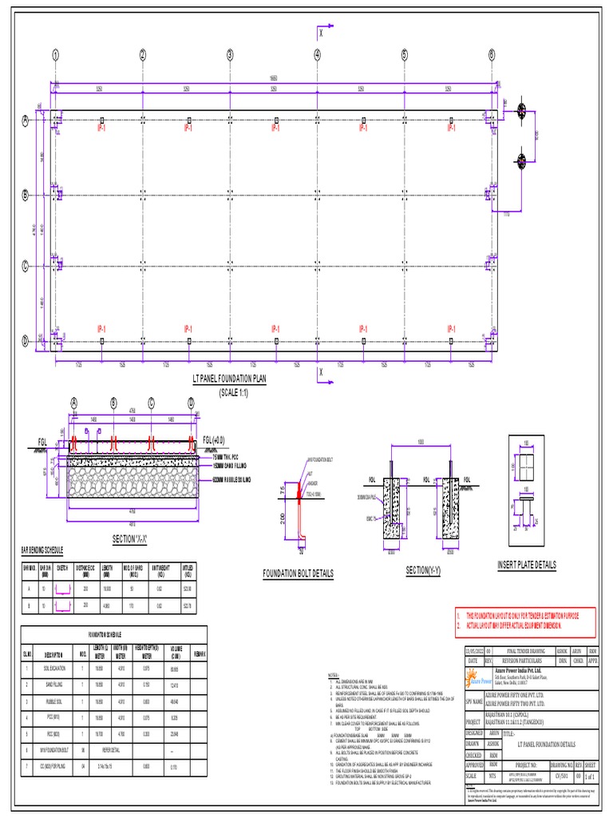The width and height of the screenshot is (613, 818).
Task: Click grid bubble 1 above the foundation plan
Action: click(x=57, y=55)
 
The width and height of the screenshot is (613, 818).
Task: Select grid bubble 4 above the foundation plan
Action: click(x=317, y=55)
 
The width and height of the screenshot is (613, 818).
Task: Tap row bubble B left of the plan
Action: click(x=26, y=194)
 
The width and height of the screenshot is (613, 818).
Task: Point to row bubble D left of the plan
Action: click(x=26, y=340)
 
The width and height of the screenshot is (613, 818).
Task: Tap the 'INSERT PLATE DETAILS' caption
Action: click(x=526, y=565)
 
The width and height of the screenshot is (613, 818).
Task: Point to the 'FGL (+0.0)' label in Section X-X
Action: click(x=216, y=440)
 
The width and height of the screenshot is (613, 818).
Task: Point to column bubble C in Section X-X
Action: click(x=152, y=403)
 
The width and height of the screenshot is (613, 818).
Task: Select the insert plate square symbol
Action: click(x=526, y=465)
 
